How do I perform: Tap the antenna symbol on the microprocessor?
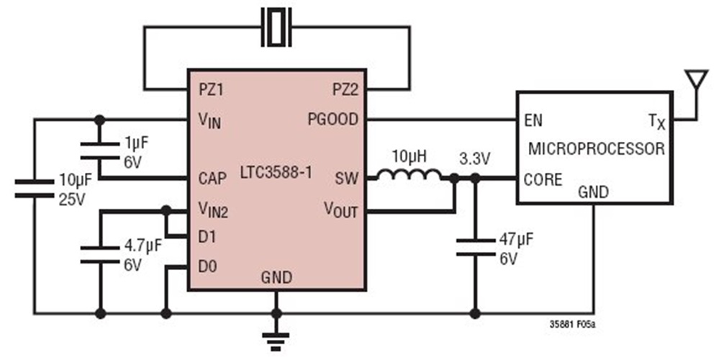point(694,81)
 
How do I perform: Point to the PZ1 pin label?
point(213,90)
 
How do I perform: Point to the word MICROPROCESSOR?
point(596,150)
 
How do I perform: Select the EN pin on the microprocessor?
point(534,120)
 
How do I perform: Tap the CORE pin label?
point(543,179)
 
